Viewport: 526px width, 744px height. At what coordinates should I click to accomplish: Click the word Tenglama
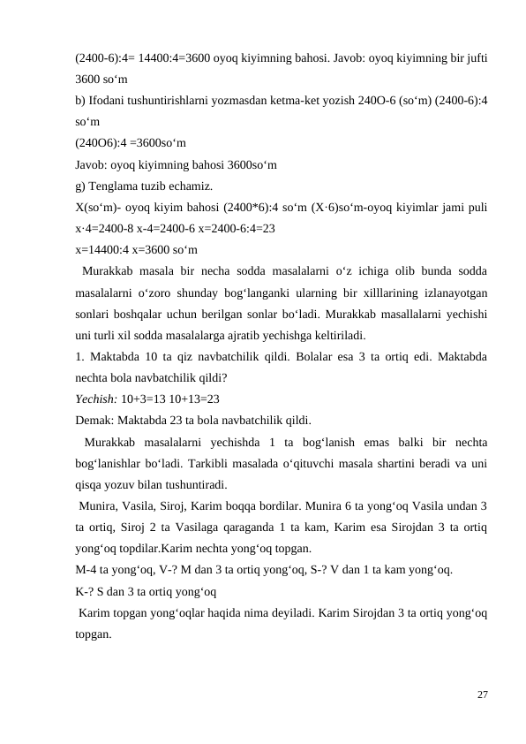(116, 185)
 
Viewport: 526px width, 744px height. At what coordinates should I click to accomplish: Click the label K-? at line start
(86, 591)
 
